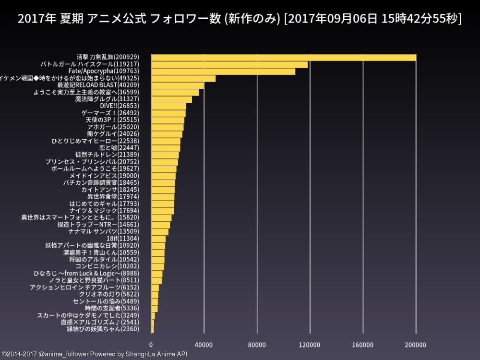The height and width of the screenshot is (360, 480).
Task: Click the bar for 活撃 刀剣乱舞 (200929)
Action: coord(283,58)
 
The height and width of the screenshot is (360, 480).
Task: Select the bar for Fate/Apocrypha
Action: coord(223,72)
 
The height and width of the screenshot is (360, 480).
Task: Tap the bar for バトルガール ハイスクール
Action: coord(229,64)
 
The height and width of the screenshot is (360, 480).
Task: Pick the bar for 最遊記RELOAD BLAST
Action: coord(178,85)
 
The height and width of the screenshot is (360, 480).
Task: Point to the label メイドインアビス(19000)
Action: coord(104,176)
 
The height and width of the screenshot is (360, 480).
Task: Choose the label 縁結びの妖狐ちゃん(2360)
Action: coord(103,329)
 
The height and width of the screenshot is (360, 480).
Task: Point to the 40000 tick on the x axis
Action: coord(204,345)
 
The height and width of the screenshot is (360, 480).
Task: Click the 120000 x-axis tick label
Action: coord(310,345)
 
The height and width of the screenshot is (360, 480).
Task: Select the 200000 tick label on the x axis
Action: coord(416,345)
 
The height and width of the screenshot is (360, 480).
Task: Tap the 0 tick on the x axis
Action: coord(151,345)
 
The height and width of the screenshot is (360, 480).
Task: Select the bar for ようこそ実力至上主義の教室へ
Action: coord(175,92)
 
